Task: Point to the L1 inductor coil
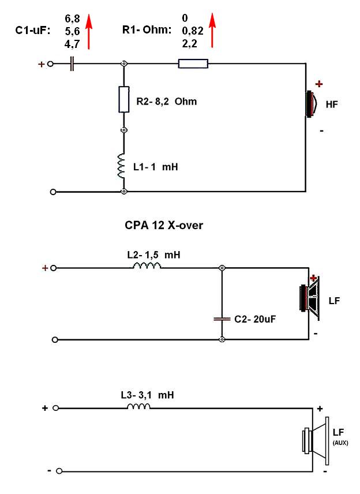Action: (x=122, y=166)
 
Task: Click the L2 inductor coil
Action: (x=147, y=266)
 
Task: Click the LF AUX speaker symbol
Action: (x=314, y=442)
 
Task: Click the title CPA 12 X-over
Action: (x=164, y=226)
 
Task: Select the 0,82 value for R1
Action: (x=192, y=31)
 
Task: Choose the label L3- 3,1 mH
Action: (x=147, y=395)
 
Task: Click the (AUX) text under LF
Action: (x=340, y=443)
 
